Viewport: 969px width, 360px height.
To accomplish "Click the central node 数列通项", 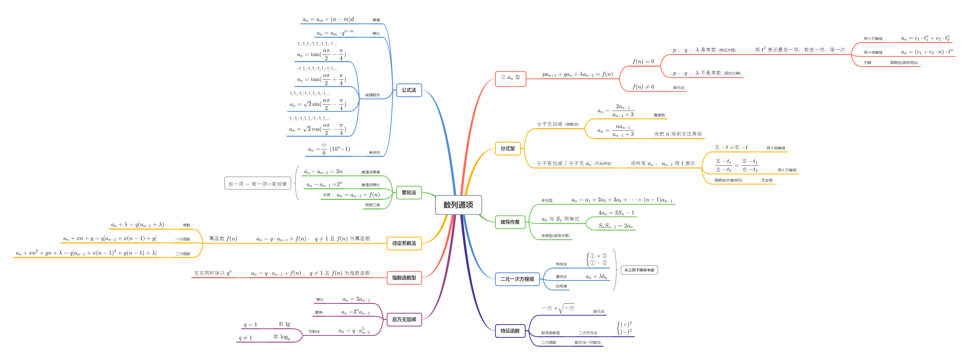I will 458,205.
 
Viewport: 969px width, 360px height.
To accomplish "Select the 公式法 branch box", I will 409,90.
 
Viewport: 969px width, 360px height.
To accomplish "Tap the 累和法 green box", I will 409,192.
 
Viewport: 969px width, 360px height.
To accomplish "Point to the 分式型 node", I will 507,149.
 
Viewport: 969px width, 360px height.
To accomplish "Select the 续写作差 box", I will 510,222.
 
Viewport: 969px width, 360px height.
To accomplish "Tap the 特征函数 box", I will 510,331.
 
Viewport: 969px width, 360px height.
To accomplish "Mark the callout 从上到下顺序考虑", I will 639,270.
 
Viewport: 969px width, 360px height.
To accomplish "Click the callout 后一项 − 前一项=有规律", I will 258,184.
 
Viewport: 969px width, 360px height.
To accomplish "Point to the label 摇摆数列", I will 372,95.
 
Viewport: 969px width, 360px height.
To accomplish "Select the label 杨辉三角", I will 372,205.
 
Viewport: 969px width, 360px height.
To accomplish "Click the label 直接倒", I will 659,115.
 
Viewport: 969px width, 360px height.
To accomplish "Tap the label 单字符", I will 374,153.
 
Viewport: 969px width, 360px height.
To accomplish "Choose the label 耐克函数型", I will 550,333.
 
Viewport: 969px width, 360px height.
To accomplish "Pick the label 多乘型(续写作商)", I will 555,236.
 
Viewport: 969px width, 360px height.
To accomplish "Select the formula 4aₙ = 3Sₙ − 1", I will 616,213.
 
